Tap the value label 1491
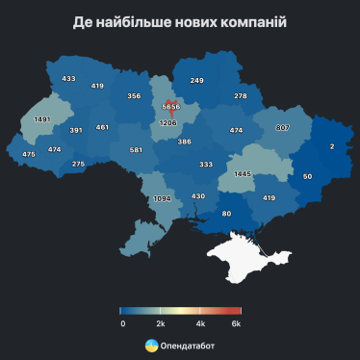point(41,119)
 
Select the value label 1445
point(244,174)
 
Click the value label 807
point(283,128)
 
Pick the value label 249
point(196,80)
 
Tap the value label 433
point(68,79)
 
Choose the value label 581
point(136,150)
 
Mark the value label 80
point(227,213)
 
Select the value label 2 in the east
point(332,145)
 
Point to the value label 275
point(79,164)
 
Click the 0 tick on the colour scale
point(123,323)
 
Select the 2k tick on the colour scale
point(161,323)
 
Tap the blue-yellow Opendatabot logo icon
point(151,344)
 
